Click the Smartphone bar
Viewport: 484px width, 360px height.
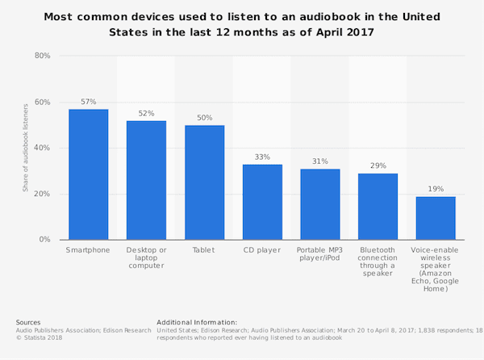(88, 174)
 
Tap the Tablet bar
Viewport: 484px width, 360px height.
(204, 182)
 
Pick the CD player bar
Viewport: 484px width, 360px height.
(262, 202)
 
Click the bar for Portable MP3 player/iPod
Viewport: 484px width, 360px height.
(320, 204)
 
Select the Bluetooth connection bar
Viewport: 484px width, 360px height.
(378, 207)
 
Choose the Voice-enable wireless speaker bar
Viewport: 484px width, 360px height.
(436, 218)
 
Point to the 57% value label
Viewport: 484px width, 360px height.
(88, 102)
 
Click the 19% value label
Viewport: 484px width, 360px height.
(436, 189)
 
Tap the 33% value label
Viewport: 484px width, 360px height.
(262, 157)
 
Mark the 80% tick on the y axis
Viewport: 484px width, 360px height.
(43, 56)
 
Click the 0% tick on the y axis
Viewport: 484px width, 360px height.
(45, 240)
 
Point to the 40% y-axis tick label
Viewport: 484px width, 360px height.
(43, 148)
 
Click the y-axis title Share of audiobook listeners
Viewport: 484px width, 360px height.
(25, 148)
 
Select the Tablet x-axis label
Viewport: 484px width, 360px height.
(204, 250)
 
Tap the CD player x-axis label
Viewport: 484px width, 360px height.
(262, 250)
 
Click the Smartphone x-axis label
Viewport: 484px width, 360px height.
(88, 250)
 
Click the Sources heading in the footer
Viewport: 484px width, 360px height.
(28, 322)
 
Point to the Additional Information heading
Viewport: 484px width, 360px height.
(197, 322)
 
